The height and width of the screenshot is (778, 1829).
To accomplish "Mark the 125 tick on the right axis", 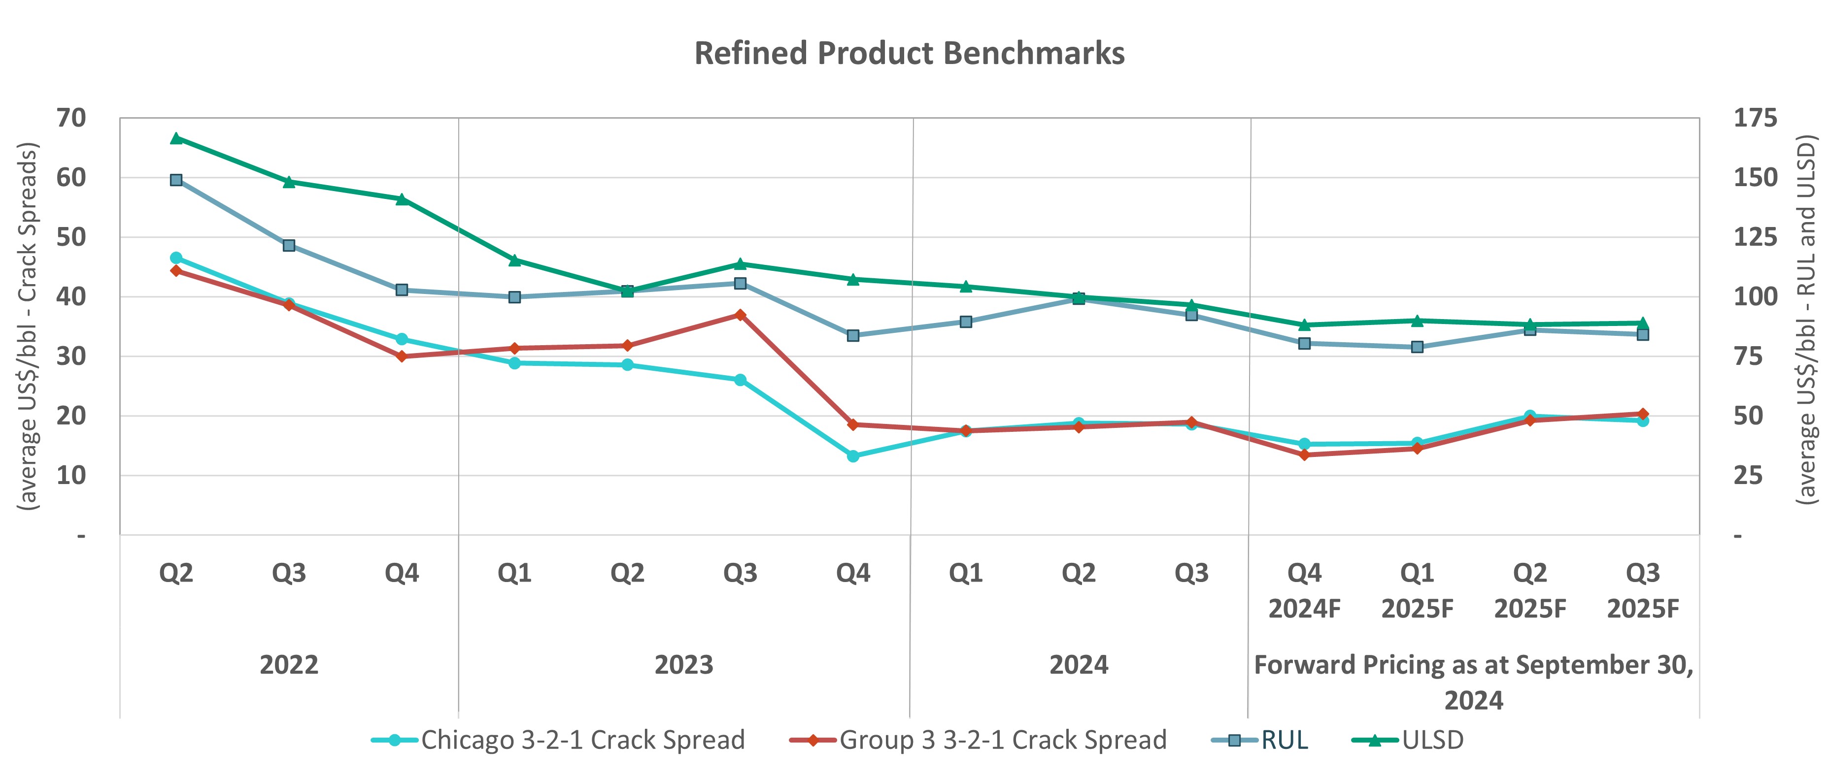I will click(1755, 237).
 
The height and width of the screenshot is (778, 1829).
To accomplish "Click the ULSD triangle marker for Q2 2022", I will click(176, 138).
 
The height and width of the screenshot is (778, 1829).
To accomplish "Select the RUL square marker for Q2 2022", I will click(176, 180).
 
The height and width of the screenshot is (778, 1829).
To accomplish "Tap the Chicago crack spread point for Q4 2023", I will click(853, 456).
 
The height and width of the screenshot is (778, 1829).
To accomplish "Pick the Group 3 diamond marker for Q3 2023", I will click(740, 315).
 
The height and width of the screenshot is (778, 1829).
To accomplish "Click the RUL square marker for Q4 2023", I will click(853, 335).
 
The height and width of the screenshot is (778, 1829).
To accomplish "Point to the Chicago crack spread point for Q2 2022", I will click(176, 258).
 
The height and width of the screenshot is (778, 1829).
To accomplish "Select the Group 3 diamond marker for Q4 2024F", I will click(1304, 454).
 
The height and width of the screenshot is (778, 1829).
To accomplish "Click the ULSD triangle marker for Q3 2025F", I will click(1642, 323).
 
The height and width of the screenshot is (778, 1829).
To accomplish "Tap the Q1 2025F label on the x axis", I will click(1417, 590).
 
